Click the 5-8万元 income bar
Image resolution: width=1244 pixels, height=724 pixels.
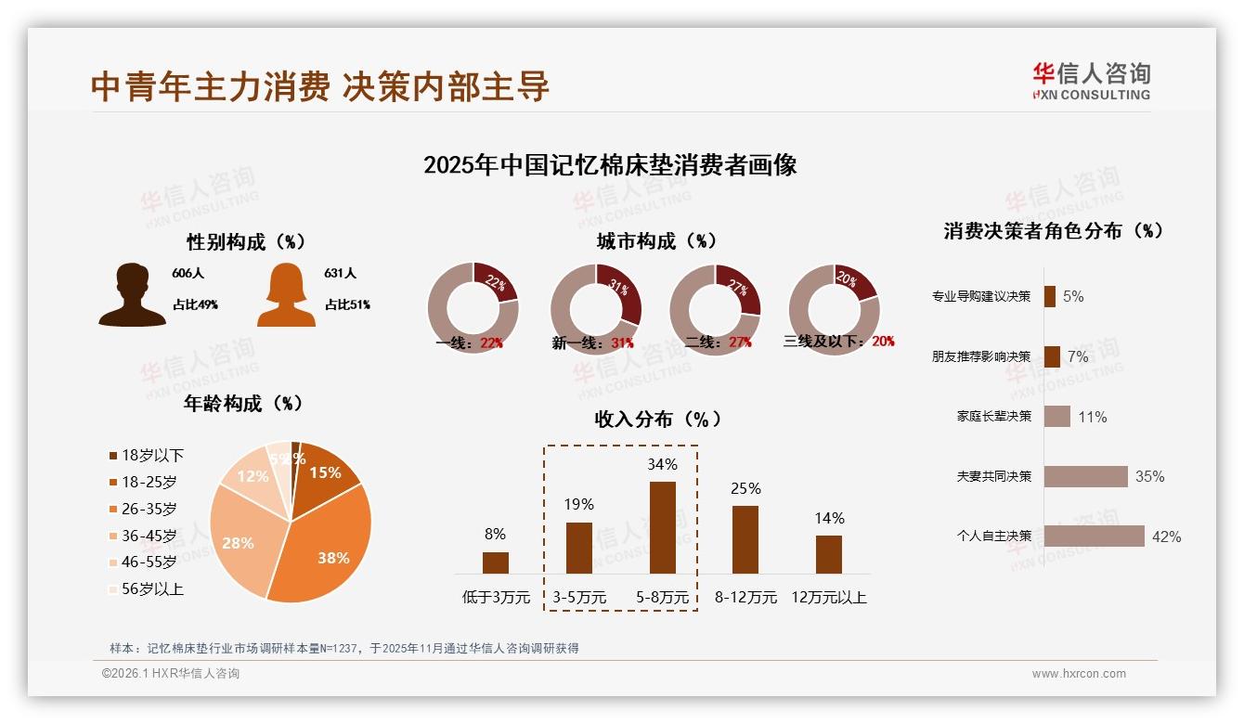pyautogui.click(x=662, y=527)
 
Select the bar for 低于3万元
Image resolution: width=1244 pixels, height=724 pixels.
pyautogui.click(x=496, y=562)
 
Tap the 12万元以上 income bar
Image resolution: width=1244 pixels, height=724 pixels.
pyautogui.click(x=829, y=554)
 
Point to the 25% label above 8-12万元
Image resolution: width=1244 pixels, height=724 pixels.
pyautogui.click(x=745, y=488)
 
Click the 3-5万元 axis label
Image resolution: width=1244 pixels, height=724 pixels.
pyautogui.click(x=579, y=598)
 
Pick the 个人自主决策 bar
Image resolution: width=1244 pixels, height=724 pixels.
pyautogui.click(x=1095, y=537)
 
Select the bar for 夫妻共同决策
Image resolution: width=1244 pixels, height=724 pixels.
pyautogui.click(x=1086, y=476)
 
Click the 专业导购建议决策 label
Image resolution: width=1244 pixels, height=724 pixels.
pyautogui.click(x=981, y=297)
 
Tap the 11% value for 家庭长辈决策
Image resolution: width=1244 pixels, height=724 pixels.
pyautogui.click(x=1093, y=418)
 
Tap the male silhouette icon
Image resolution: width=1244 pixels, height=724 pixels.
pyautogui.click(x=133, y=295)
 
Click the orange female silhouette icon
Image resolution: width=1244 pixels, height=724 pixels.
pyautogui.click(x=286, y=295)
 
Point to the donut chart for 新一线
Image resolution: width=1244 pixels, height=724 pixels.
pyautogui.click(x=595, y=309)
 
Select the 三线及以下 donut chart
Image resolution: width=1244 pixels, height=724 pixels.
pyautogui.click(x=834, y=309)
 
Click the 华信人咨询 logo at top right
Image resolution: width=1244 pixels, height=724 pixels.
pyautogui.click(x=1091, y=81)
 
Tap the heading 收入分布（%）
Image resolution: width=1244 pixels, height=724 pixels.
pyautogui.click(x=657, y=419)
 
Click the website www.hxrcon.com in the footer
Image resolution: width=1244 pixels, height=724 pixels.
pyautogui.click(x=1079, y=674)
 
